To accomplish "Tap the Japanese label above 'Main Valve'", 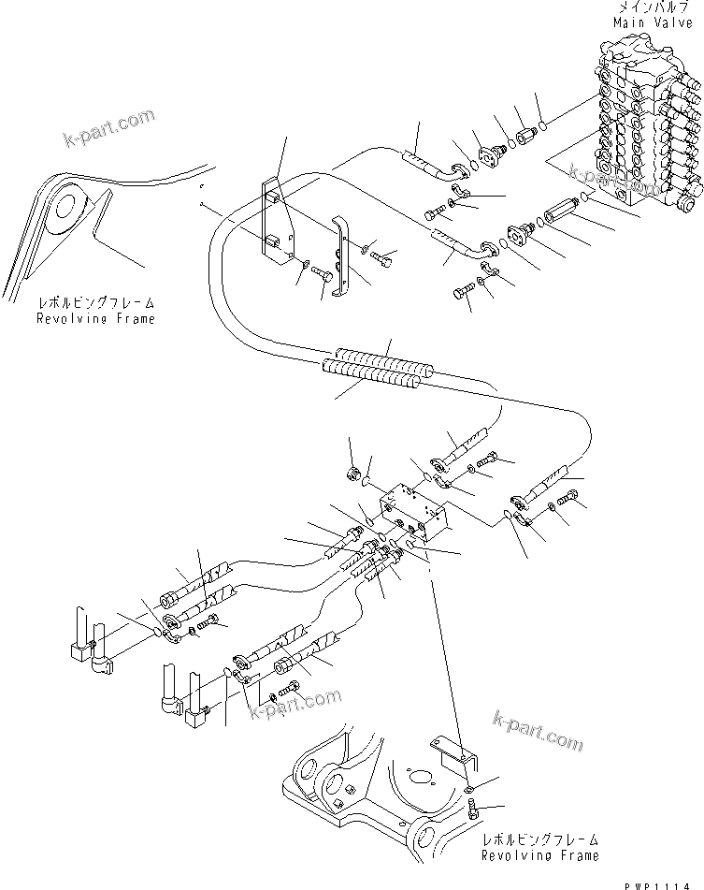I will (653, 7).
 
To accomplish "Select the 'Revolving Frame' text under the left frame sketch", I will (95, 318).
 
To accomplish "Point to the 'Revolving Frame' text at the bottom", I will (540, 855).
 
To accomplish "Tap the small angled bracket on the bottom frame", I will (453, 749).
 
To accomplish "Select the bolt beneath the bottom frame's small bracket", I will (473, 808).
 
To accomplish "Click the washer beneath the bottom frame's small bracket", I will (470, 784).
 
